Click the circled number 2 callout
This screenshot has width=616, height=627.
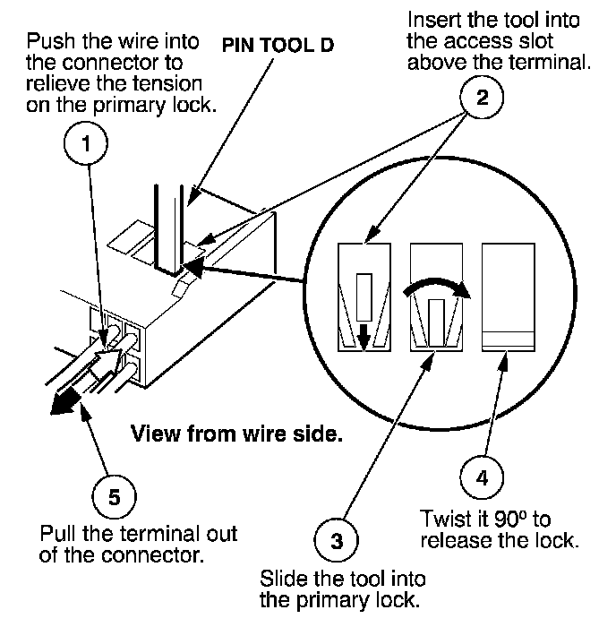483,99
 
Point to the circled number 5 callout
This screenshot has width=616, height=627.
114,496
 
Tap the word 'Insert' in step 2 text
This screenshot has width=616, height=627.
429,20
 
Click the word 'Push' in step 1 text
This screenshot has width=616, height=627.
47,42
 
